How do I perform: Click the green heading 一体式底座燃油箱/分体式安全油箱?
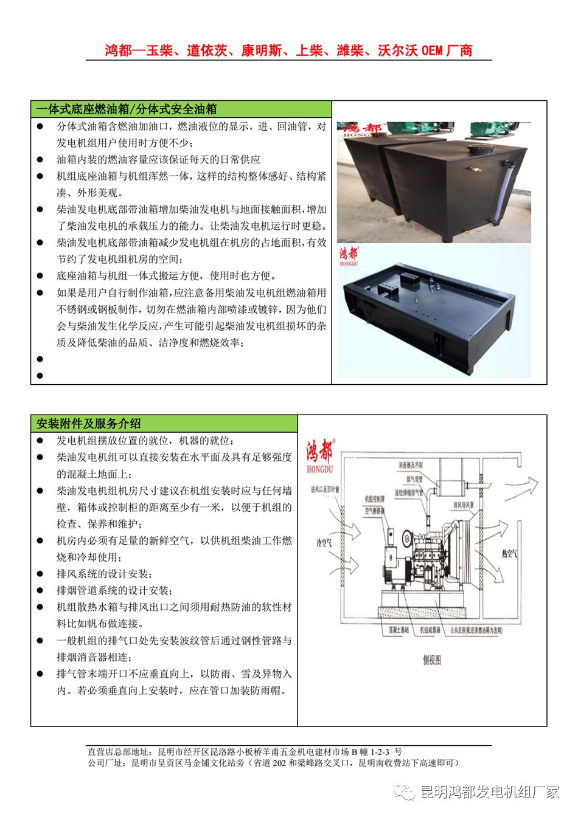126,109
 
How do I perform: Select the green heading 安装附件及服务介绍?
89,424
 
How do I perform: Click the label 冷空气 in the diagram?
324,543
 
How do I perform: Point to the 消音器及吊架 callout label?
414,465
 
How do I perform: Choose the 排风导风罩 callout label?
467,505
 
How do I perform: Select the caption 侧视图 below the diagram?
432,660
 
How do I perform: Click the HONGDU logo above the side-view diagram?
320,454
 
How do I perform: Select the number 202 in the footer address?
279,763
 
